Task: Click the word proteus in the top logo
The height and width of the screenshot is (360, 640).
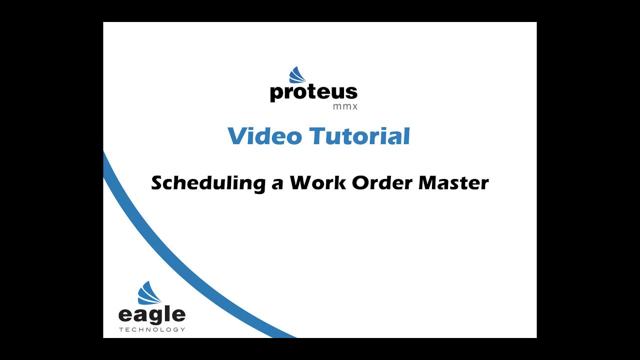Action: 313,93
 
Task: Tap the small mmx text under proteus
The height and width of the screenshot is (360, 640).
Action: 345,106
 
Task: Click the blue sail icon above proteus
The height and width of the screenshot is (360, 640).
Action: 297,75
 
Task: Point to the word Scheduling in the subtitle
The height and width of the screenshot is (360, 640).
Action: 208,183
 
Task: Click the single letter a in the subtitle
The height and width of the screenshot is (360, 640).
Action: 277,184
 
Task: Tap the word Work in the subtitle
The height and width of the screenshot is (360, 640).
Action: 317,182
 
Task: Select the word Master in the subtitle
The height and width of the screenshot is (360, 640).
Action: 453,182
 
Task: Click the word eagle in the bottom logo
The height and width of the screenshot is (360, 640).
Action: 152,315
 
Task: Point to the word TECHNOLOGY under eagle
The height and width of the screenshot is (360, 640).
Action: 152,329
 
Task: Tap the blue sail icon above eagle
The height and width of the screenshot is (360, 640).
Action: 149,293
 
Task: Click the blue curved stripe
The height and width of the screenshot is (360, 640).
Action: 171,257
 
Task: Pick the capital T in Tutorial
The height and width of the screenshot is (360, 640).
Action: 318,136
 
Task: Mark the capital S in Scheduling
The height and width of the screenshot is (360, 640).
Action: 158,183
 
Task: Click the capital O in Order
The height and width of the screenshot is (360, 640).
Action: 360,183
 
